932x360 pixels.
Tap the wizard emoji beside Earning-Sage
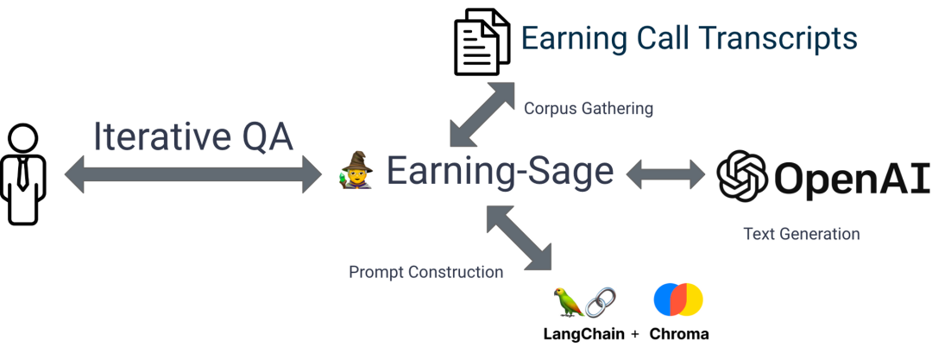click(x=356, y=170)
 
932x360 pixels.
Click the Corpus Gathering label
click(x=589, y=109)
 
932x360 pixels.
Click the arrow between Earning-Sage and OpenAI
click(x=665, y=174)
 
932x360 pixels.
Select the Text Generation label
click(x=802, y=234)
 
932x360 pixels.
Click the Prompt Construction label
click(x=425, y=272)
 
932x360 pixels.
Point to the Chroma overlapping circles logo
click(x=678, y=300)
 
